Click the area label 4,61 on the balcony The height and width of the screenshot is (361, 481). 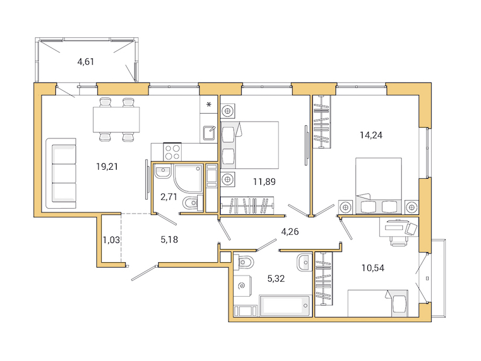[85, 61]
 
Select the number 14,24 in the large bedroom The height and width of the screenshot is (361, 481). [371, 135]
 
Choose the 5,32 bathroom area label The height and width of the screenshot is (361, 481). [276, 278]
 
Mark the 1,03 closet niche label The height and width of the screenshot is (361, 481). [110, 240]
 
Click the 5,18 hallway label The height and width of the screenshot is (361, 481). [170, 239]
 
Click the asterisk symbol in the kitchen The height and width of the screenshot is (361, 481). [209, 105]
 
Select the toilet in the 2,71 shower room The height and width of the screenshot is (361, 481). [189, 203]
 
